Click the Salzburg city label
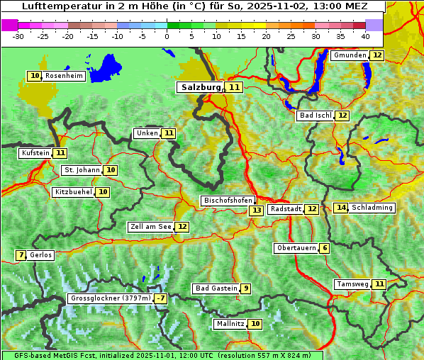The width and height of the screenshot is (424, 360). pos(200,87)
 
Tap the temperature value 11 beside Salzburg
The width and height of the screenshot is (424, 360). pos(234,87)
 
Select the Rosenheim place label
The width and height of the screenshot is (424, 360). pos(64,76)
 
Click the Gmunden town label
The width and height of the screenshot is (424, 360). pos(350,55)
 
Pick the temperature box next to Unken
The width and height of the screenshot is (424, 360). pos(168,133)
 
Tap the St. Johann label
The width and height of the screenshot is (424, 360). pos(82,170)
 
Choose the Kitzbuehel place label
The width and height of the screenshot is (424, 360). pos(74,192)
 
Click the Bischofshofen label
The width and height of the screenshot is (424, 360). pos(228,201)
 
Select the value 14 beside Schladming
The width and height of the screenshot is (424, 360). pos(342,208)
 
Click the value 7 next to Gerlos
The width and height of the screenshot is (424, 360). pos(21,255)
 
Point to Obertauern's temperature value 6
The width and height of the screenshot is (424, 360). pos(324,248)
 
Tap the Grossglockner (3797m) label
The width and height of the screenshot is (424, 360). pos(111,298)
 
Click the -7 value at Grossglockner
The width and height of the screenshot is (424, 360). pos(161,298)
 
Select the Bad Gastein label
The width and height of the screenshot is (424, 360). pos(216,288)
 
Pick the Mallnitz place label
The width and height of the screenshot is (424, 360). pos(230,324)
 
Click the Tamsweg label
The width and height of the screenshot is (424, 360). pos(352,284)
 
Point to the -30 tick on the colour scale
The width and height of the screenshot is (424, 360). pos(18,36)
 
